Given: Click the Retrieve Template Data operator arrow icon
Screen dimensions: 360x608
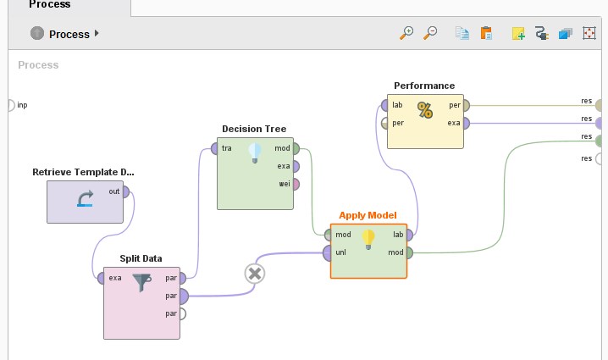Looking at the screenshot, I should pyautogui.click(x=86, y=200).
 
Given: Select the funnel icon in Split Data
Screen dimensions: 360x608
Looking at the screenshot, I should pyautogui.click(x=141, y=283).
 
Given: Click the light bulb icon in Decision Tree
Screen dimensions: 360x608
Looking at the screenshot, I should pyautogui.click(x=255, y=152).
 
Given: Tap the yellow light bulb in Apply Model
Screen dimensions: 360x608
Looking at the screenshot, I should pyautogui.click(x=368, y=239).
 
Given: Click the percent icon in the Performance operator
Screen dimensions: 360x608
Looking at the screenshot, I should pyautogui.click(x=425, y=109).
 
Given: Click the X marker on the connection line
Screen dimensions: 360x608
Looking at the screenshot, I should pyautogui.click(x=254, y=273).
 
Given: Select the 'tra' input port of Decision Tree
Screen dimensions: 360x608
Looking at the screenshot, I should pyautogui.click(x=213, y=148).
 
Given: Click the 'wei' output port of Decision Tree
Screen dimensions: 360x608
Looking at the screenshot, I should pyautogui.click(x=295, y=184).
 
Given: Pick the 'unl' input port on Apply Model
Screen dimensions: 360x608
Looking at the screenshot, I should pyautogui.click(x=327, y=252).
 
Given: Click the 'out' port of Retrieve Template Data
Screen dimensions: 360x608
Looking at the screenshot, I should pyautogui.click(x=125, y=191).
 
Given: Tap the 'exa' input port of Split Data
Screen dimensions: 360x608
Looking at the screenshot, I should pyautogui.click(x=101, y=278).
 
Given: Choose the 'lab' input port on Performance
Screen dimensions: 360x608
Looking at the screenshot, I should pyautogui.click(x=384, y=106).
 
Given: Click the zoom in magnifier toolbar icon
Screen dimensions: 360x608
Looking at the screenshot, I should pyautogui.click(x=406, y=33).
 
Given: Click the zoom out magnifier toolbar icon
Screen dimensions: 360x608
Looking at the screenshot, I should pyautogui.click(x=430, y=33).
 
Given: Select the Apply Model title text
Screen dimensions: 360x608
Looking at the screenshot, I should pyautogui.click(x=368, y=215).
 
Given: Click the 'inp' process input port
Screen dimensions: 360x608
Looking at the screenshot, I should pyautogui.click(x=9, y=105).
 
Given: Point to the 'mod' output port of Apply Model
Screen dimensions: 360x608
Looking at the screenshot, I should pyautogui.click(x=409, y=252).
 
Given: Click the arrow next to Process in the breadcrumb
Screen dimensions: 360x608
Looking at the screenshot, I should pyautogui.click(x=97, y=34).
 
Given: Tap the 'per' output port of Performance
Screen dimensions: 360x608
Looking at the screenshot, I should pyautogui.click(x=466, y=106).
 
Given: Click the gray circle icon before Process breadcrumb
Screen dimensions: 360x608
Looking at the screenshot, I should pyautogui.click(x=37, y=33).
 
